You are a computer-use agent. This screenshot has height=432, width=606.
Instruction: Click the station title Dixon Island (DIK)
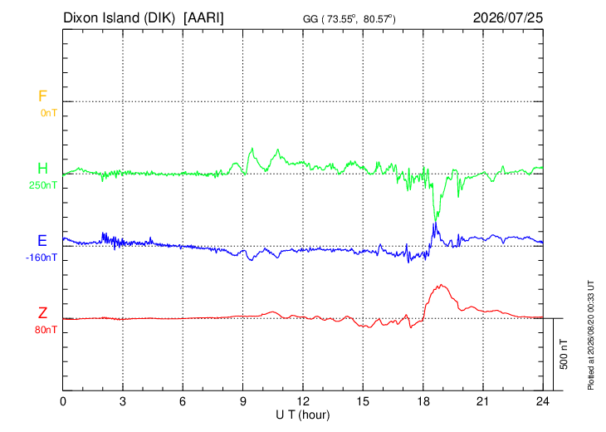(x=119, y=18)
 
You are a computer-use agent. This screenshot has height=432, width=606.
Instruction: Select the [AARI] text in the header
(x=203, y=18)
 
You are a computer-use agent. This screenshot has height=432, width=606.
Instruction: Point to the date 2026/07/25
(x=508, y=17)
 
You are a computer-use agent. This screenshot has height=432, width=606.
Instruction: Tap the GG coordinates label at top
(x=349, y=19)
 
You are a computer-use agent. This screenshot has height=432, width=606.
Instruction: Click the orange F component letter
(x=42, y=96)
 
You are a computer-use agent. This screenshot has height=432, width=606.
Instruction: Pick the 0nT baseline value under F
(x=49, y=113)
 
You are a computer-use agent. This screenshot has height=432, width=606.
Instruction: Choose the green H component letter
(x=42, y=169)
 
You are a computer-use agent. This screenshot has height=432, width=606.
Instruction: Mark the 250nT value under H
(x=43, y=185)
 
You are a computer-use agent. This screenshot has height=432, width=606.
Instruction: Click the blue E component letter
(x=42, y=241)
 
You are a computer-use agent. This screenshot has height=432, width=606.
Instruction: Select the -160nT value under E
(x=42, y=258)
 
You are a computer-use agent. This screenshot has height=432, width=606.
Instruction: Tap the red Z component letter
(x=42, y=313)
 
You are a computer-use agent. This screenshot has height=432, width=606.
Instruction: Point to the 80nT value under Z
(x=46, y=330)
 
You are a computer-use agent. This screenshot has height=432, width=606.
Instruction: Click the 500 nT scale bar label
(x=564, y=354)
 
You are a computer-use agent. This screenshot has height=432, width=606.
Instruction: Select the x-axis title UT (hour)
(x=303, y=415)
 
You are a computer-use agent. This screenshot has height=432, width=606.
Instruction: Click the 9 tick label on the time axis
(x=242, y=402)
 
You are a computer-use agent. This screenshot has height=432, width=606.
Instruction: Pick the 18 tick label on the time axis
(x=423, y=402)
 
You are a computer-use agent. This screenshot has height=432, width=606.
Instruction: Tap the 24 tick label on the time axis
(x=543, y=402)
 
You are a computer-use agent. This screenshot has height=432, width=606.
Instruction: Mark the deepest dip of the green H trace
(x=436, y=219)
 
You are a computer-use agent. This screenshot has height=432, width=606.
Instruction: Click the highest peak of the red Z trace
(x=441, y=285)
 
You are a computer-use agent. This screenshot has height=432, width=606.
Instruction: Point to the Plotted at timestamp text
(x=590, y=335)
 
